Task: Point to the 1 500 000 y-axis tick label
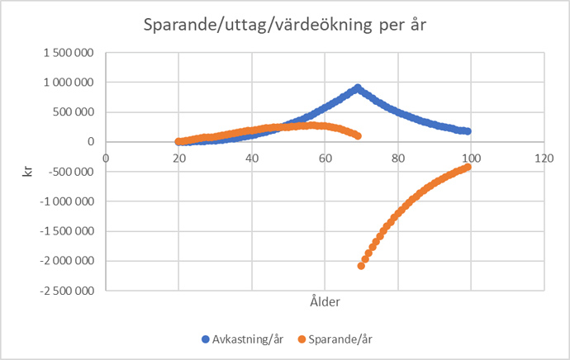(x=68, y=53)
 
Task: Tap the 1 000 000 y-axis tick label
(x=68, y=83)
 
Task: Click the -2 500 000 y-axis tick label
(x=65, y=291)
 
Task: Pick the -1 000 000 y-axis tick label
(x=65, y=201)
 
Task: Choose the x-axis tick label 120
(x=544, y=157)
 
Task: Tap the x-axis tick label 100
(x=471, y=157)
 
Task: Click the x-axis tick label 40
(x=252, y=157)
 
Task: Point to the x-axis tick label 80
(x=398, y=157)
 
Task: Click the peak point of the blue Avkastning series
(x=358, y=87)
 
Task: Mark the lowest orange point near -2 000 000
(x=361, y=266)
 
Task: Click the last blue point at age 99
(x=468, y=131)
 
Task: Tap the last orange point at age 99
(x=468, y=167)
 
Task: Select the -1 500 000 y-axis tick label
(x=65, y=231)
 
